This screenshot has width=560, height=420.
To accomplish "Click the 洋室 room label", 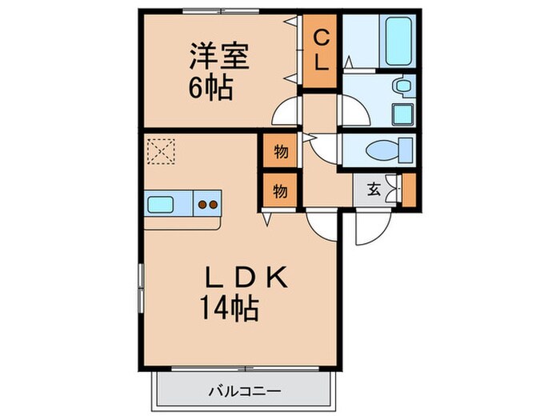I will pyautogui.click(x=219, y=57).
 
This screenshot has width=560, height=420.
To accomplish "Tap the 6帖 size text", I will pyautogui.click(x=211, y=87).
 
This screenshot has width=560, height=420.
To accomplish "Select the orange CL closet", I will pyautogui.click(x=321, y=50).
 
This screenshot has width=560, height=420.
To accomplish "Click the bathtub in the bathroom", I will pyautogui.click(x=396, y=40).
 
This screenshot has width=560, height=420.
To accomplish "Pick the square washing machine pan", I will pyautogui.click(x=401, y=114).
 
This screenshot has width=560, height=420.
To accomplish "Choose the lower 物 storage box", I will pyautogui.click(x=279, y=190).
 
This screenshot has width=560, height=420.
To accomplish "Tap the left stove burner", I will pyautogui.click(x=202, y=204).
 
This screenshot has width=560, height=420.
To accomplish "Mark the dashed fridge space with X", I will pyautogui.click(x=160, y=150).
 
